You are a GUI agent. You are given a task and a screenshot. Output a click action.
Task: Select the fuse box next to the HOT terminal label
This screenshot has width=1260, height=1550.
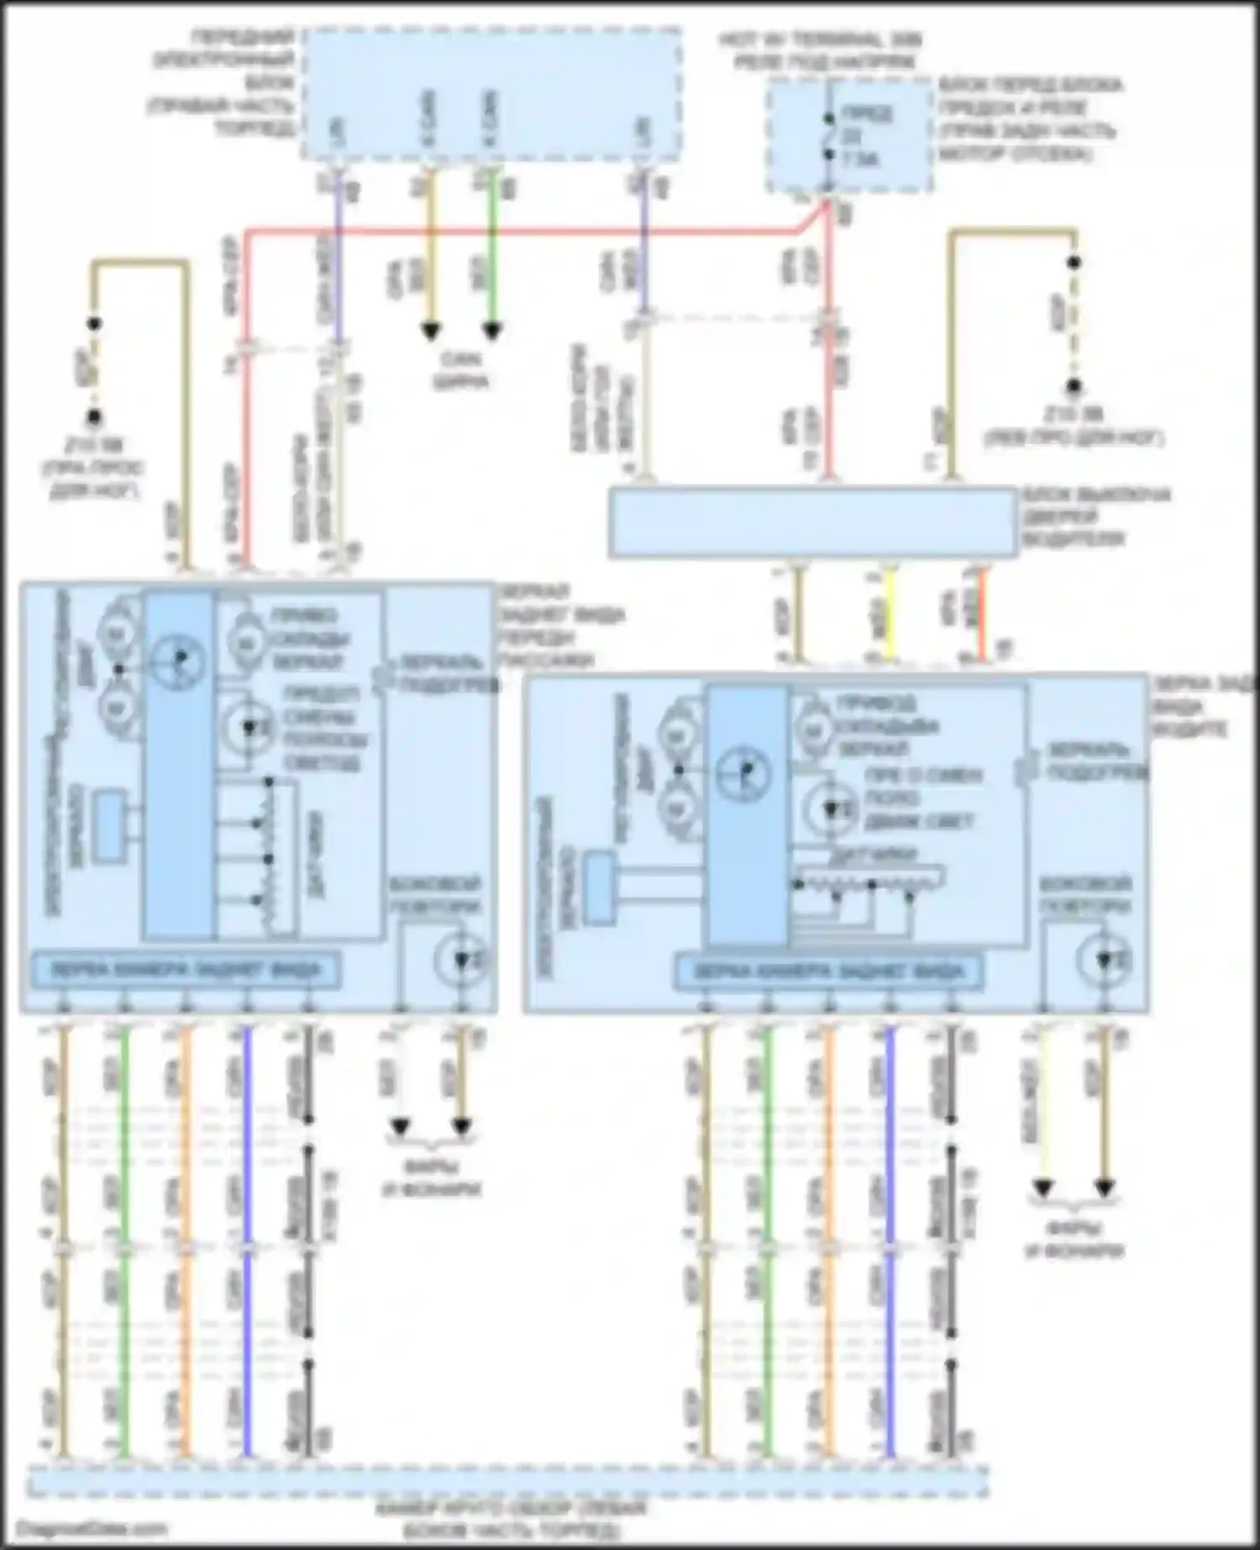(x=848, y=136)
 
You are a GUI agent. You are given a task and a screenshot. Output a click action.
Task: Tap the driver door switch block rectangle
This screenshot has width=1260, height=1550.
(x=812, y=522)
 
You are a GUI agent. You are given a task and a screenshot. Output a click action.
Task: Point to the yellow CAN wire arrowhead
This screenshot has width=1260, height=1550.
(x=431, y=331)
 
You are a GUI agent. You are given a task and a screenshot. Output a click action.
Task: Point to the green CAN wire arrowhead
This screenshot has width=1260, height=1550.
(x=492, y=331)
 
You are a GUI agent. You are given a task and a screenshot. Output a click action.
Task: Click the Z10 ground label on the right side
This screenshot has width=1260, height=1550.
(x=1074, y=426)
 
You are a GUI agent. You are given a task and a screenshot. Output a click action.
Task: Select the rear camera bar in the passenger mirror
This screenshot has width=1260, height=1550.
(x=186, y=970)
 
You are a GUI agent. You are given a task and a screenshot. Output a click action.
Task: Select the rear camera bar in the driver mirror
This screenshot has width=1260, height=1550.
(x=828, y=972)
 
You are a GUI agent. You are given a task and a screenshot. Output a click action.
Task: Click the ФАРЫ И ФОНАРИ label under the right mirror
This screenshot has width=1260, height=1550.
(x=1074, y=1239)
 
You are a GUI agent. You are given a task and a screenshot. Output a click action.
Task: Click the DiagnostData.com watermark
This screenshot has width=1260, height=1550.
(x=92, y=1529)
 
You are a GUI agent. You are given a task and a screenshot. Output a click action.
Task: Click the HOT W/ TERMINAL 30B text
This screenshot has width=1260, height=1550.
(x=819, y=39)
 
